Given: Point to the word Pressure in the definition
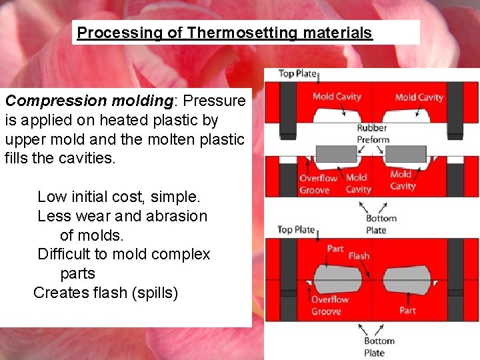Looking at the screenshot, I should [x=214, y=101].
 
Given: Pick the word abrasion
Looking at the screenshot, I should [x=176, y=216].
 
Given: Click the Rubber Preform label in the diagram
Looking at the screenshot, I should [x=372, y=134].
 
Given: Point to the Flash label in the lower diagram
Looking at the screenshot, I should [x=359, y=256].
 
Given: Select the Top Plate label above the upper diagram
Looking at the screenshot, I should [x=297, y=74].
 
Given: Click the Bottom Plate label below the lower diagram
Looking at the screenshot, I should [x=379, y=347].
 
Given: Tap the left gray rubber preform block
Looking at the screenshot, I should [x=336, y=155].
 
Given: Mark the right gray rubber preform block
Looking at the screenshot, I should [x=406, y=155].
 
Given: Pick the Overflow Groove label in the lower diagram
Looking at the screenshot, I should [x=326, y=305].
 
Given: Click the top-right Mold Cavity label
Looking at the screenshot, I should [x=419, y=97].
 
